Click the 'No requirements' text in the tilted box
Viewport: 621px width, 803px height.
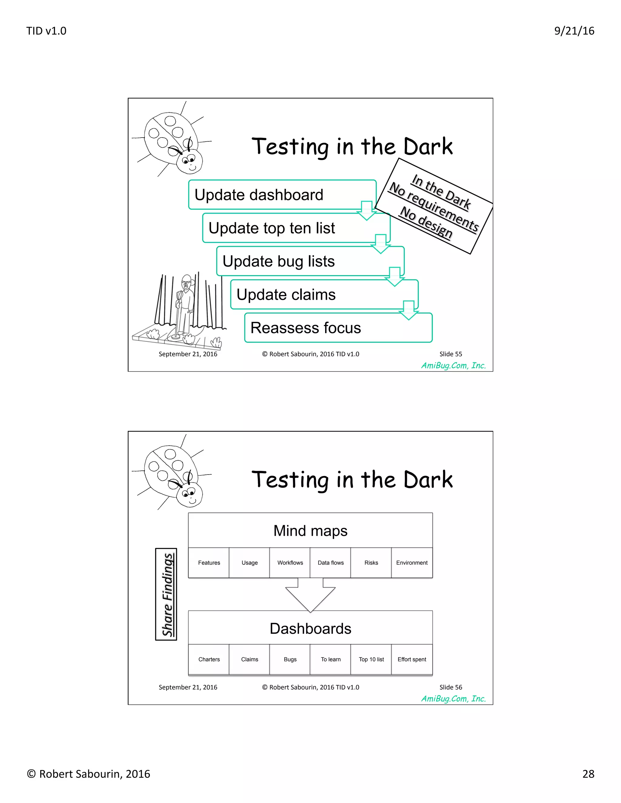[x=434, y=207]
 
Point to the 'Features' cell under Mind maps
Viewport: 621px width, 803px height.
[x=209, y=562]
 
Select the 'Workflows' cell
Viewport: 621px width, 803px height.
[x=290, y=562]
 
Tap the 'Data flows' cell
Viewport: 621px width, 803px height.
[x=331, y=562]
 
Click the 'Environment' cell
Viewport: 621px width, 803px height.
[x=412, y=562]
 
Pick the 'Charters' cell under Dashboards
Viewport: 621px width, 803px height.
[x=209, y=659]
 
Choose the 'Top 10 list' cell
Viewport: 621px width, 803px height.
[x=371, y=659]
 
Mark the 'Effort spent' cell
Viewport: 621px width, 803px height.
[x=412, y=659]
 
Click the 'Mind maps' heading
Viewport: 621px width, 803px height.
[x=310, y=531]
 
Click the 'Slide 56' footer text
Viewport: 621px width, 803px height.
[x=451, y=687]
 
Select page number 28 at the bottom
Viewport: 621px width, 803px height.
[x=588, y=774]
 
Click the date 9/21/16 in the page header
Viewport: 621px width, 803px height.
[x=574, y=31]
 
